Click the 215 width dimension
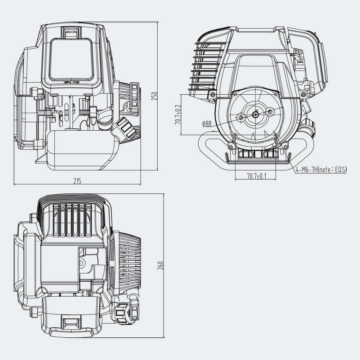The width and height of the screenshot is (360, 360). (x=77, y=181)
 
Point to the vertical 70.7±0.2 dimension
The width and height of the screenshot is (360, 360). (x=178, y=115)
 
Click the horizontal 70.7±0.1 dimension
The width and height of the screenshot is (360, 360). (x=256, y=176)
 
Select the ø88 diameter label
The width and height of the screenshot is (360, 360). (x=207, y=124)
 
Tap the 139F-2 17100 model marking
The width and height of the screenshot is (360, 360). (x=71, y=82)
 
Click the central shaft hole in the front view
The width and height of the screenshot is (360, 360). (x=255, y=114)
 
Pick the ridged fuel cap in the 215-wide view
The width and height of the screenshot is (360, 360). (x=127, y=127)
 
